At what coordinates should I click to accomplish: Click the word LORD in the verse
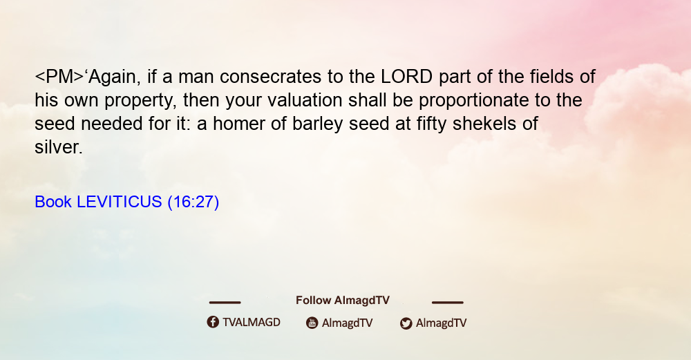click(x=407, y=77)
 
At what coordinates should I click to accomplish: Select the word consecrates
click(x=271, y=77)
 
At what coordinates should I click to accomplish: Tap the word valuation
click(x=305, y=100)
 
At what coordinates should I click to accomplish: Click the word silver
click(x=59, y=147)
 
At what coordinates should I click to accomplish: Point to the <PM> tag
click(x=59, y=77)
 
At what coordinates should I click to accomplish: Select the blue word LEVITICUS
click(x=120, y=202)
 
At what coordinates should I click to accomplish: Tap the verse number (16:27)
click(x=193, y=202)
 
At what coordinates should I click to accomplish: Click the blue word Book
click(x=53, y=202)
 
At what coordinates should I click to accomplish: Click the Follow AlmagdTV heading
click(x=343, y=300)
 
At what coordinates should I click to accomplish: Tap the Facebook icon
click(x=213, y=322)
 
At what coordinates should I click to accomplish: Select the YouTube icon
click(x=312, y=323)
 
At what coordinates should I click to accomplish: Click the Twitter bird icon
click(x=406, y=323)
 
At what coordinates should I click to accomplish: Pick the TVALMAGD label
click(x=252, y=322)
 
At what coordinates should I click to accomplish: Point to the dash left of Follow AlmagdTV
click(x=225, y=302)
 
